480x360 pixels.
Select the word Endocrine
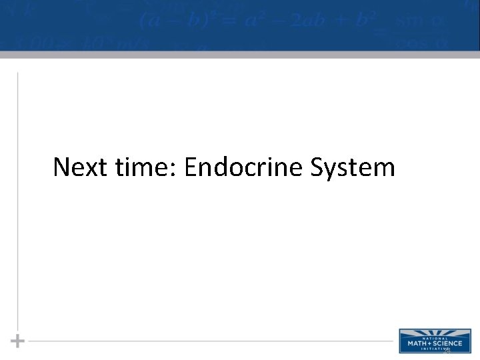[x=244, y=167]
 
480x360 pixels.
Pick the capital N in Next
[x=61, y=167]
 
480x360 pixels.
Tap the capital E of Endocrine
[x=191, y=167]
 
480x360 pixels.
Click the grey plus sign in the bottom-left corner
[x=18, y=341]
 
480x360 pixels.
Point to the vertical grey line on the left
[x=17, y=200]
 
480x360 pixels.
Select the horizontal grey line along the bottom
[x=200, y=341]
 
